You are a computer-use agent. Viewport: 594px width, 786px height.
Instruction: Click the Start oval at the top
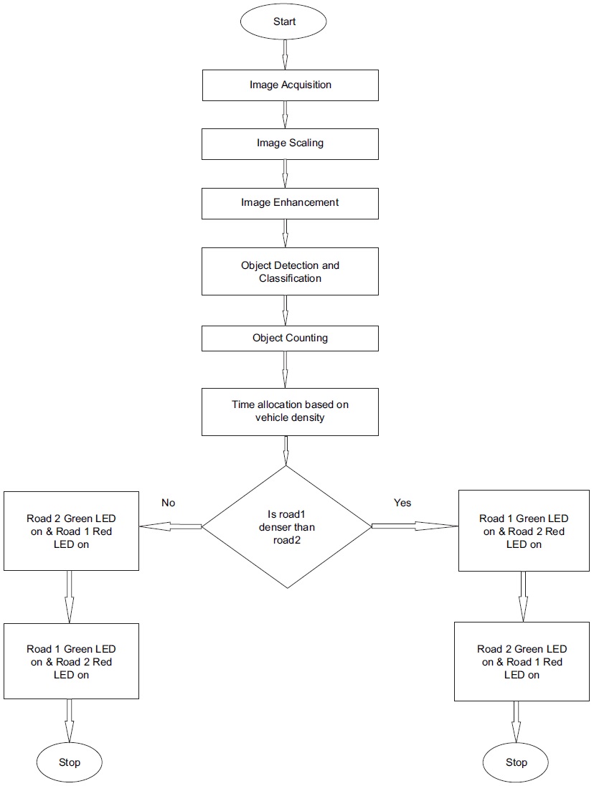tap(285, 22)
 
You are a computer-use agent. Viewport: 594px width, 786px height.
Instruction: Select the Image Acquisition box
tap(290, 85)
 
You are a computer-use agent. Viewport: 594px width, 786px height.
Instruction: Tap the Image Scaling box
tap(290, 143)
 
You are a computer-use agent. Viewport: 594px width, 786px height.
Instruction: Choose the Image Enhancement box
tap(290, 203)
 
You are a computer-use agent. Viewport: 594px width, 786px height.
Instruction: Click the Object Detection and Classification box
tap(290, 271)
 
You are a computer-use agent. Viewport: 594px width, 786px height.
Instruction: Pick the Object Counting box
tap(290, 338)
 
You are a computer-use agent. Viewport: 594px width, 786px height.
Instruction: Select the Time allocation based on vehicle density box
tap(290, 411)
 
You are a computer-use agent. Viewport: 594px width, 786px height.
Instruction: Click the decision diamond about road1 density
tap(287, 527)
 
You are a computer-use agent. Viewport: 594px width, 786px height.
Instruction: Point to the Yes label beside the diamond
tap(402, 503)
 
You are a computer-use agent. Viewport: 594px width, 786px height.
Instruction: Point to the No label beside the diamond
tap(168, 503)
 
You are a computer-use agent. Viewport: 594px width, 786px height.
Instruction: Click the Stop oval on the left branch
tap(70, 762)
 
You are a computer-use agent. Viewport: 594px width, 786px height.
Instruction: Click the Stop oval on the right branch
tap(516, 762)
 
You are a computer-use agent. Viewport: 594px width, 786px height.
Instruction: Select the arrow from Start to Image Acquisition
tap(286, 54)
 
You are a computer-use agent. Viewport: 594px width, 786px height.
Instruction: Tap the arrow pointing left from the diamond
tap(171, 526)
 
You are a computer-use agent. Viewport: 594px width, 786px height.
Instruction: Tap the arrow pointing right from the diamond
tap(415, 526)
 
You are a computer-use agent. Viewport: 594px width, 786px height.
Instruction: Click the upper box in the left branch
tap(71, 531)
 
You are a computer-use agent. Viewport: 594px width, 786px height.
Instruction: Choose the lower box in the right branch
tap(522, 662)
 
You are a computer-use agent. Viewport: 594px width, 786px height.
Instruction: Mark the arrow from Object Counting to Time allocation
tap(286, 369)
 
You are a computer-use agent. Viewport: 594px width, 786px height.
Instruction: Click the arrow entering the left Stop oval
tap(70, 721)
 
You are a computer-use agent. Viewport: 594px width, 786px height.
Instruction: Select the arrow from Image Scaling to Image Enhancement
tap(286, 173)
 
